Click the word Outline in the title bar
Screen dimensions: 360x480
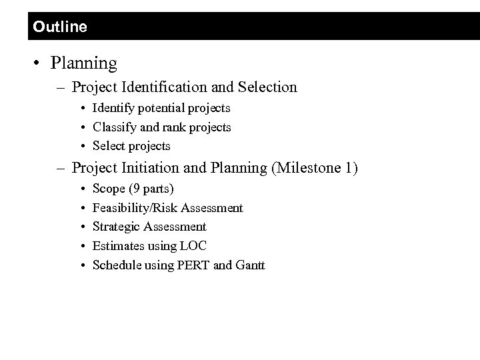coord(59,27)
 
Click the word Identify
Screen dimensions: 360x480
coord(111,107)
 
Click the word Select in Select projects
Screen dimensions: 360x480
coord(109,145)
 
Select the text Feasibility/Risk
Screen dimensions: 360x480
coord(134,208)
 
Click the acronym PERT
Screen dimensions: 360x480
coord(194,265)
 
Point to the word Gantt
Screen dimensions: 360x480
coord(250,265)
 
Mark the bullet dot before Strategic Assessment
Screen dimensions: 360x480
coord(81,227)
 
